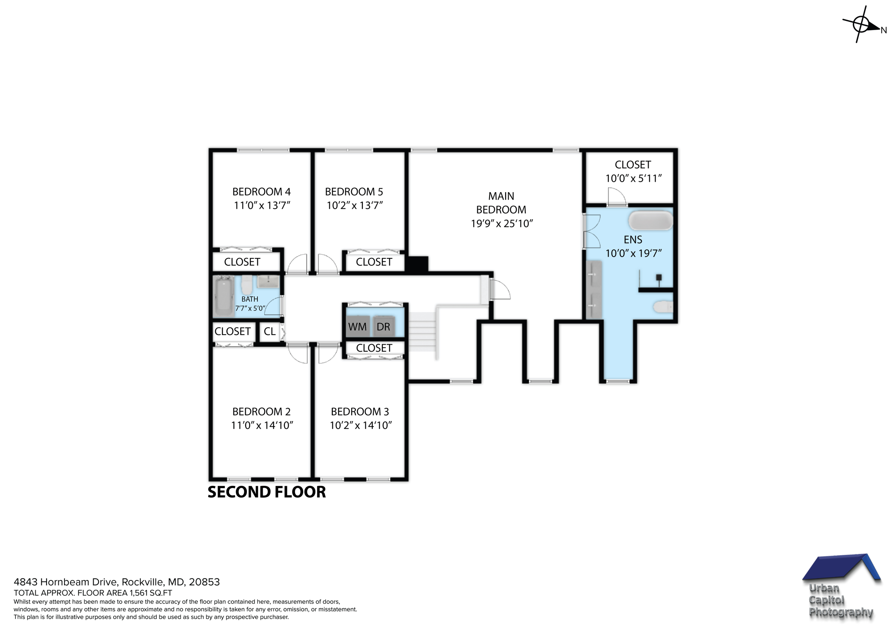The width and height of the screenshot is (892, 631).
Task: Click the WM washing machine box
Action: click(358, 326)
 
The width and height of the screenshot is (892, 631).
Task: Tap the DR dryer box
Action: click(383, 326)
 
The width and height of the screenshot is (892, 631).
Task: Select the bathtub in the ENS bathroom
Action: click(650, 221)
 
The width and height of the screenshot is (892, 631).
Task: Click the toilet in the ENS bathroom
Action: click(662, 307)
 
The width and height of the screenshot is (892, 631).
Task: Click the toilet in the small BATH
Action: click(247, 285)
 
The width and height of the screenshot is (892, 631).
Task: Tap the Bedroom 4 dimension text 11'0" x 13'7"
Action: click(262, 205)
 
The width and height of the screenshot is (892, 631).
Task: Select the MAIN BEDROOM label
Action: click(501, 203)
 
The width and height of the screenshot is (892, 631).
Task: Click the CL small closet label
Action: click(270, 332)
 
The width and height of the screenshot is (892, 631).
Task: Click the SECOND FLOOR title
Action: click(267, 492)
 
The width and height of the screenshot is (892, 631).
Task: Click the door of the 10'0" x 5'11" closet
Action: click(616, 197)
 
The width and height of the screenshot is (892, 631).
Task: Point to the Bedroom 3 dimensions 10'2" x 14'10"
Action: click(361, 425)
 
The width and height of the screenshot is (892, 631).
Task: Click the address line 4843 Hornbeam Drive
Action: click(117, 582)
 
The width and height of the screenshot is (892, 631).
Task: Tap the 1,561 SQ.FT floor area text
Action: click(150, 593)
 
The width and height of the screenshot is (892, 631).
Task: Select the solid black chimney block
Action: click(416, 264)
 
